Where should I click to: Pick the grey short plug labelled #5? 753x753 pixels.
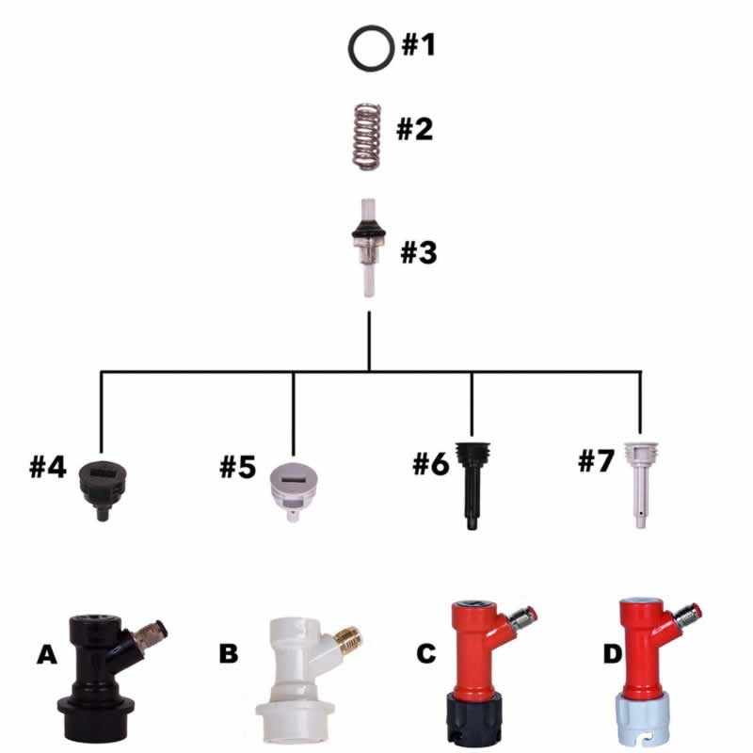293,482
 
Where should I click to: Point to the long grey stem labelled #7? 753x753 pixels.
639,478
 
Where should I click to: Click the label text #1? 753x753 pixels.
419,44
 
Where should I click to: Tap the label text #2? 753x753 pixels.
414,128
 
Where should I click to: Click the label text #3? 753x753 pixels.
419,252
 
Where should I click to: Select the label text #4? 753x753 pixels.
48,467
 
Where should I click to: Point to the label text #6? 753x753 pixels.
430,463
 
